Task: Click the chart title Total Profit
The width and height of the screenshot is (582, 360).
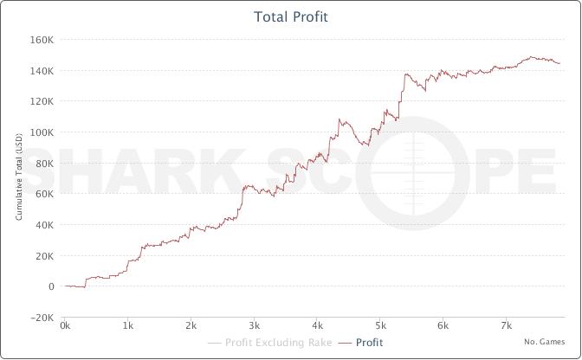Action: pos(291,16)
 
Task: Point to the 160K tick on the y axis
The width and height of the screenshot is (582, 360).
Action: pos(42,39)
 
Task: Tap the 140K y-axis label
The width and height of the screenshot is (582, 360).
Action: pos(42,70)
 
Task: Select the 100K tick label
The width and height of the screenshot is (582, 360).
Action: pos(42,132)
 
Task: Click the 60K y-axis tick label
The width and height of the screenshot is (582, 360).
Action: pos(44,194)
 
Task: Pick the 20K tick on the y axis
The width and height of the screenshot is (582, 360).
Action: pos(44,256)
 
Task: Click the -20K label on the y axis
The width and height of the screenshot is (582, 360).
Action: pos(42,318)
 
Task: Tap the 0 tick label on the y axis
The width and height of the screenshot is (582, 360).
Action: pos(51,286)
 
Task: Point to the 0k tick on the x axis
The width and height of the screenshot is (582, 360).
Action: pos(65,325)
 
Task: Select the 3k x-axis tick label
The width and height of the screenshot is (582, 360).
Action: pos(254,325)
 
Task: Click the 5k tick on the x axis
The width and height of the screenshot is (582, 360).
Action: pos(380,325)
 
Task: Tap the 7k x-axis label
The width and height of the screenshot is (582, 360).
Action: pos(507,325)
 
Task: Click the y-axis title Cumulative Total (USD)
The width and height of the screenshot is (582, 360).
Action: pos(19,177)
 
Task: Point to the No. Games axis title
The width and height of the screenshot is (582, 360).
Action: pos(545,342)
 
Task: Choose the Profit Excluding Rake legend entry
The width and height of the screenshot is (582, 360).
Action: pos(270,343)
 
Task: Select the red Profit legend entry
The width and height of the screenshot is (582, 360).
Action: pos(360,343)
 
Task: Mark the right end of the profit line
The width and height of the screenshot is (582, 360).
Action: pos(559,63)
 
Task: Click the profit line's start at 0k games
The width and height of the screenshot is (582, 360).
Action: pos(65,286)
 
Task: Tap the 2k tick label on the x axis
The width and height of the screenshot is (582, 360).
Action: pos(191,325)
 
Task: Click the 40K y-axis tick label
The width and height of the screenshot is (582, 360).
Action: pos(44,225)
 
